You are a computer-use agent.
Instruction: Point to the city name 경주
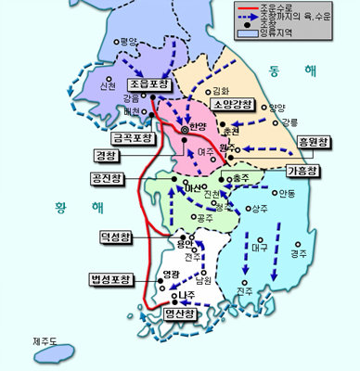[298, 252]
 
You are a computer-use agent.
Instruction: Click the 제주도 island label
[45, 340]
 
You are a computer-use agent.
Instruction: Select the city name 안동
[286, 193]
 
